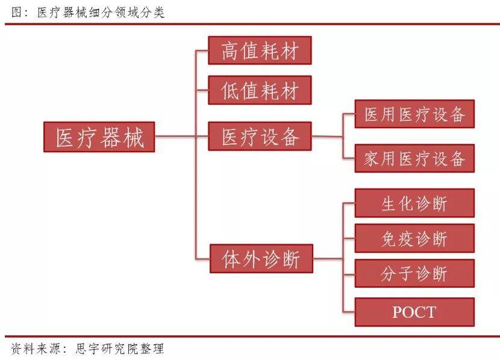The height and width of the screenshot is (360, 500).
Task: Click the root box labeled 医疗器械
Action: pos(99,137)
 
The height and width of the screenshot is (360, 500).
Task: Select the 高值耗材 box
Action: pos(260,51)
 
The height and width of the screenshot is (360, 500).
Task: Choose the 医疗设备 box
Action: pos(260,137)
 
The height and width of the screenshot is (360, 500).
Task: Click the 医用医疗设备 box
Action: pos(414,114)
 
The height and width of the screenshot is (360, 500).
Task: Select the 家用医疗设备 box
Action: pos(414,158)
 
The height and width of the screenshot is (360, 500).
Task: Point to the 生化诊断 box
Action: pos(414,203)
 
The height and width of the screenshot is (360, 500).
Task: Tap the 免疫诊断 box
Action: pos(414,238)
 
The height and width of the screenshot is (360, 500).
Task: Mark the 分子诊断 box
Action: pos(414,274)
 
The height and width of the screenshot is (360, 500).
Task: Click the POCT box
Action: pos(414,312)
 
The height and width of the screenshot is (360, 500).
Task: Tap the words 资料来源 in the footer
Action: pos(33,349)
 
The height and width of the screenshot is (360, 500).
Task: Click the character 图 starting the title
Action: pos(17,13)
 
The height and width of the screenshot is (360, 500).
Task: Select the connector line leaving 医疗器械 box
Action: pos(175,137)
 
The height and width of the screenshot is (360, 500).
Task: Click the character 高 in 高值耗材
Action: pos(230,51)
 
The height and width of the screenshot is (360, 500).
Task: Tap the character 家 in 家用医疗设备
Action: pos(371,159)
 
